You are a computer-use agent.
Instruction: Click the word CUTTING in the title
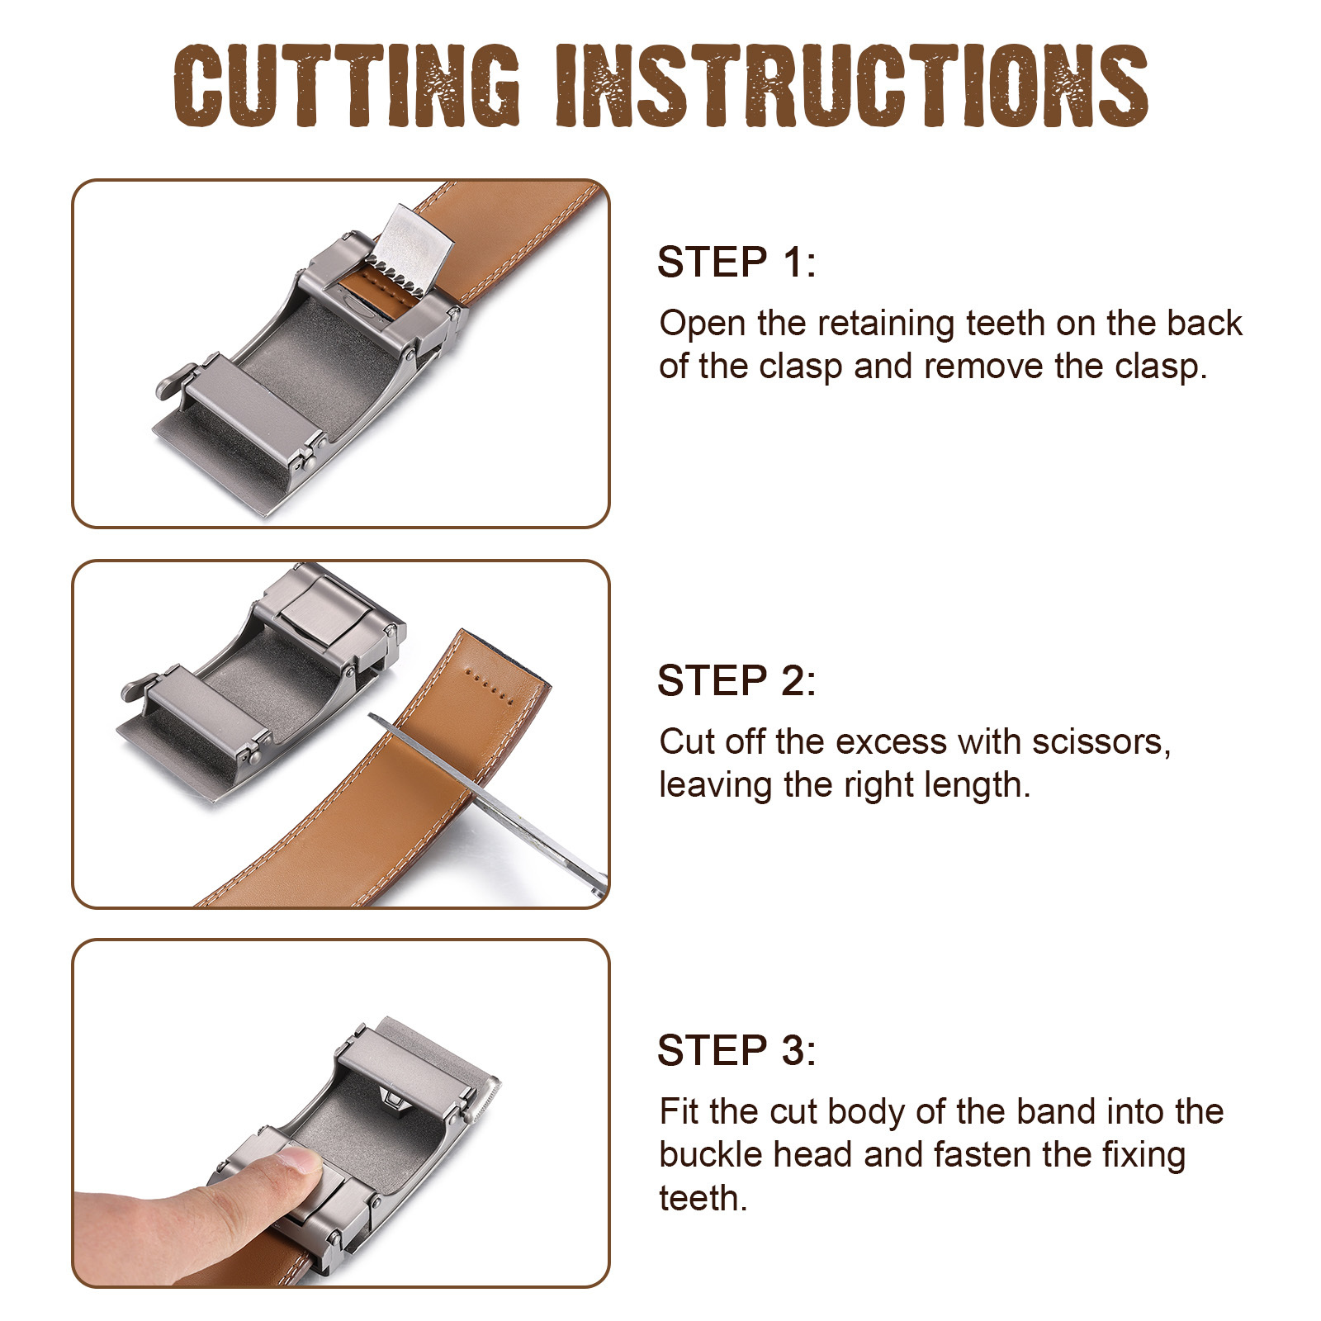(x=347, y=86)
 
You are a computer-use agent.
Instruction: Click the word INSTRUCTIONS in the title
(x=852, y=86)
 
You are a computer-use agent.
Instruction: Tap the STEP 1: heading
(x=736, y=263)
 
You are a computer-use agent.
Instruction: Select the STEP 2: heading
(x=736, y=681)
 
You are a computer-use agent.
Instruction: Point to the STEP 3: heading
(x=736, y=1050)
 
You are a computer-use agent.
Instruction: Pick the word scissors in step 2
(x=1101, y=741)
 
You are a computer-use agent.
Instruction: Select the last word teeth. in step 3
(x=703, y=1198)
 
